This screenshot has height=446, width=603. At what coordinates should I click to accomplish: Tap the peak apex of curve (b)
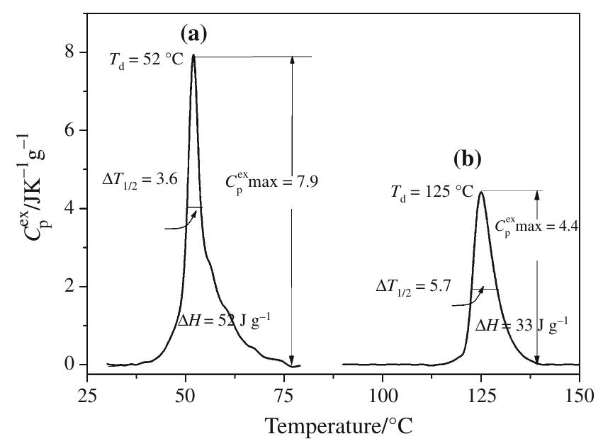(480, 192)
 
